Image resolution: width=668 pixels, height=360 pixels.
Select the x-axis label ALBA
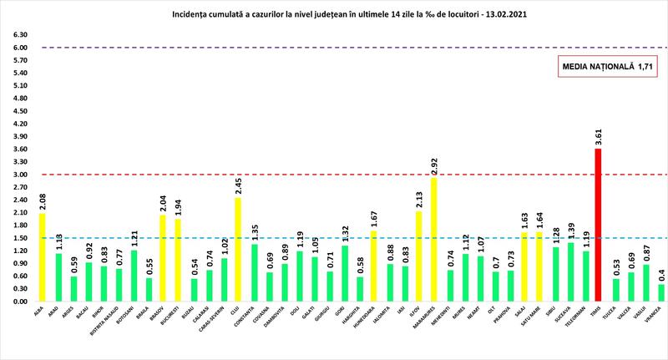coord(40,313)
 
